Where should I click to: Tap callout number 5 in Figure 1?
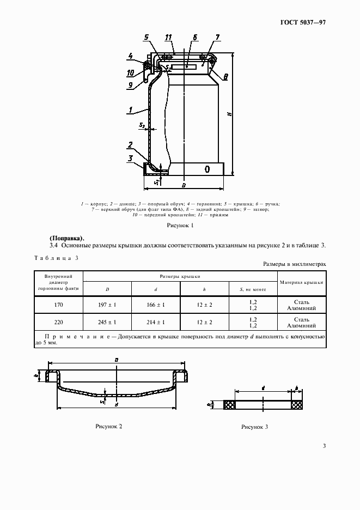[146, 38]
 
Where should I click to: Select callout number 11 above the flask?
[169, 37]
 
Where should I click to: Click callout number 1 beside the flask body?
[132, 111]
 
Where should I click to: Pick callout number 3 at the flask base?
[131, 159]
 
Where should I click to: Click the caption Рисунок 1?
[180, 224]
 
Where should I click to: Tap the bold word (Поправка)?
[67, 238]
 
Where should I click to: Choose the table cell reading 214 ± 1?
[156, 322]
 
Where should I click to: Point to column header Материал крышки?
[302, 282]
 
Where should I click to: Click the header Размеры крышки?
[180, 277]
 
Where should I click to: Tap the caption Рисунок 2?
[109, 426]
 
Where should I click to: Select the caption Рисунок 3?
[254, 428]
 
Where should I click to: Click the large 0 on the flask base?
[208, 169]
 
